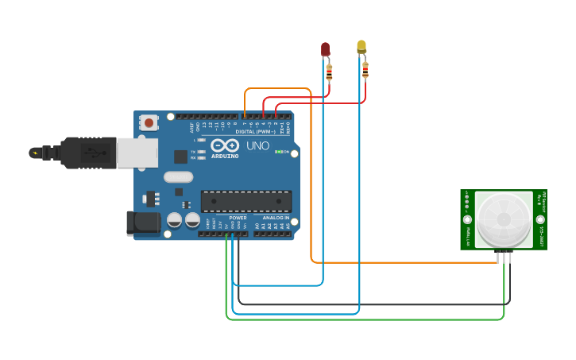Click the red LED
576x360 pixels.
(x=325, y=49)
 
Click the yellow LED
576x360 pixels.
(x=361, y=47)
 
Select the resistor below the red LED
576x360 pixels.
(x=329, y=73)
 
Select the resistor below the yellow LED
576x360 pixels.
(x=365, y=71)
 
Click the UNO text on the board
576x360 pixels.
(x=257, y=146)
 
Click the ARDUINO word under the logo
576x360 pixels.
(x=225, y=157)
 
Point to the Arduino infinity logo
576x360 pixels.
(x=225, y=145)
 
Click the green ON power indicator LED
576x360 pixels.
(x=278, y=152)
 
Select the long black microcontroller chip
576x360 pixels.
(x=245, y=201)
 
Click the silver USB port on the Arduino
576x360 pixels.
(x=137, y=153)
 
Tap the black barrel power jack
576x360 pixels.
(x=143, y=223)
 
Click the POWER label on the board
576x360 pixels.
(x=238, y=218)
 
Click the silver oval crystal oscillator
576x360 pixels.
(x=179, y=177)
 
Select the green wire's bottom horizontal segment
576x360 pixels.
(x=365, y=319)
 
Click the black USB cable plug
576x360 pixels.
(x=87, y=153)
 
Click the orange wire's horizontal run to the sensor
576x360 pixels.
(x=405, y=262)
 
